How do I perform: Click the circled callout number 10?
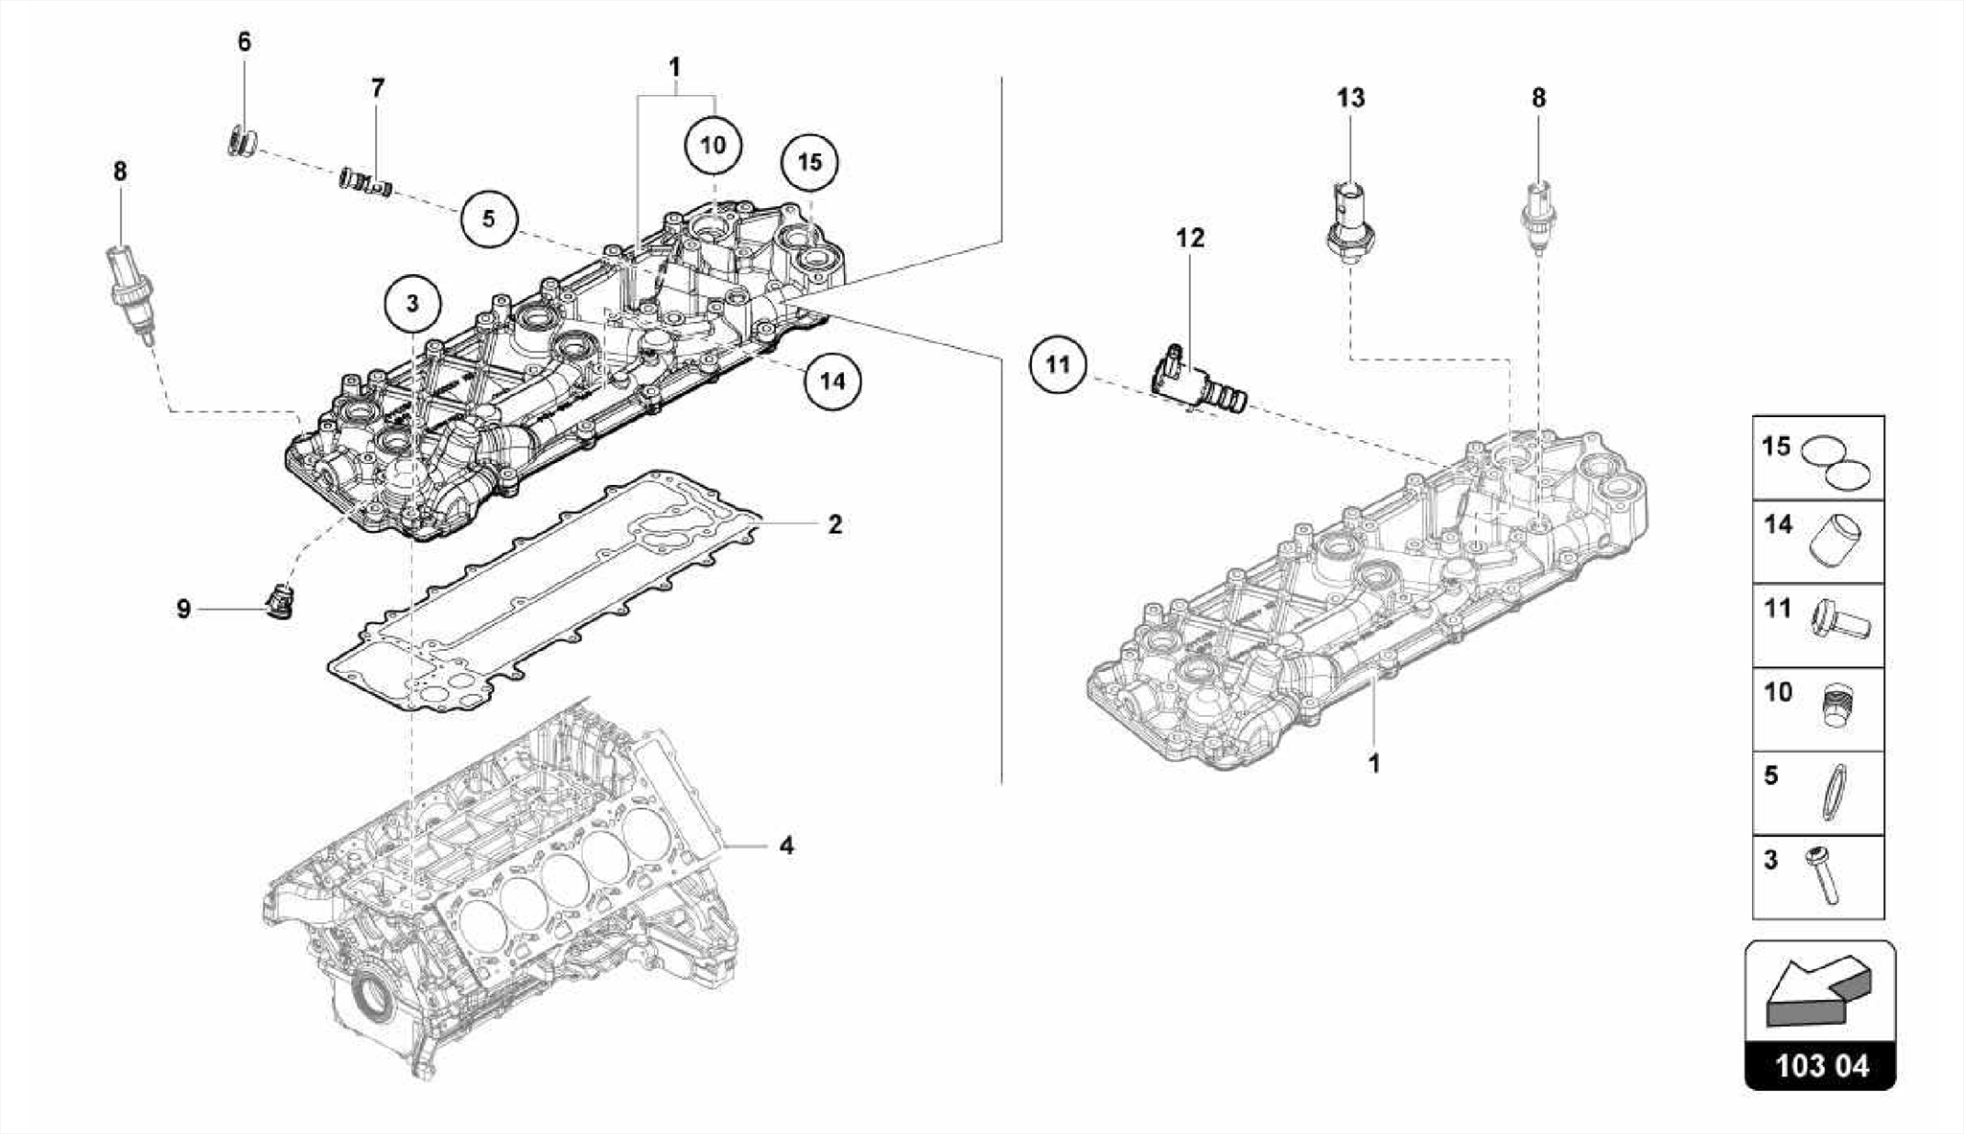pyautogui.click(x=713, y=146)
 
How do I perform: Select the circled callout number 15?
pyautogui.click(x=809, y=162)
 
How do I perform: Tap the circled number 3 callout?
pyautogui.click(x=412, y=304)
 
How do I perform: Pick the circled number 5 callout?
pyautogui.click(x=488, y=219)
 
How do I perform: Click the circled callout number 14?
pyautogui.click(x=831, y=381)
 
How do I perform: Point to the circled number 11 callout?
pyautogui.click(x=1057, y=364)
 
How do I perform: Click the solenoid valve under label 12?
pyautogui.click(x=1197, y=382)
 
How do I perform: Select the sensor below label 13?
pyautogui.click(x=1348, y=220)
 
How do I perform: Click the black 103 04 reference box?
pyautogui.click(x=1820, y=1066)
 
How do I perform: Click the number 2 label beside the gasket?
pyautogui.click(x=834, y=524)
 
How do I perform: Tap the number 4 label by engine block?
pyautogui.click(x=786, y=845)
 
